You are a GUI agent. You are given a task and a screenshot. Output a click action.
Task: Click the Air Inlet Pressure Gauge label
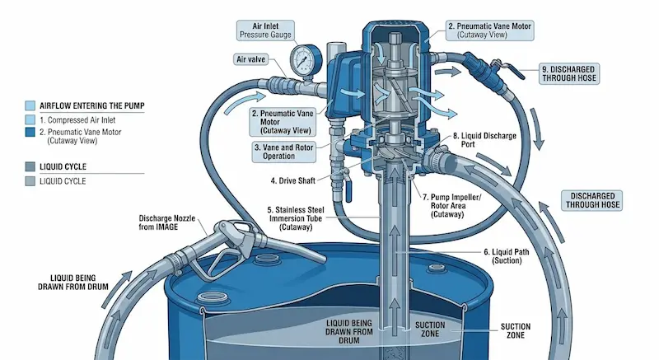(265, 30)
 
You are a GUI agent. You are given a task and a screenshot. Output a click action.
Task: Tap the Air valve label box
(250, 59)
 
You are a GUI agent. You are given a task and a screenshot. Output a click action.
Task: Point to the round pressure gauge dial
(302, 60)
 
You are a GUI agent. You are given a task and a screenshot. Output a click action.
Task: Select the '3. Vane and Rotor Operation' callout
(283, 152)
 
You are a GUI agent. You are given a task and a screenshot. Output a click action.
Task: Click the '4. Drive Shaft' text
(293, 181)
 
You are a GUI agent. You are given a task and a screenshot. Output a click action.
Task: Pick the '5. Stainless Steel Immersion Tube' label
(296, 218)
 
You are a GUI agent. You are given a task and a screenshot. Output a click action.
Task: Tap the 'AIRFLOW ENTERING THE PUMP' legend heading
(92, 105)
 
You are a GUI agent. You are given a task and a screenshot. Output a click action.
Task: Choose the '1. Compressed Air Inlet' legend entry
(77, 120)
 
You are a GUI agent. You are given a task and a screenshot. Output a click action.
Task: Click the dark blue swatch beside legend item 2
(30, 132)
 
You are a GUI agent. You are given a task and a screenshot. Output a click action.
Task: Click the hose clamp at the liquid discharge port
(435, 157)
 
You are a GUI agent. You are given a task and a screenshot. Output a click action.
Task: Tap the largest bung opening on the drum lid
(213, 298)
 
